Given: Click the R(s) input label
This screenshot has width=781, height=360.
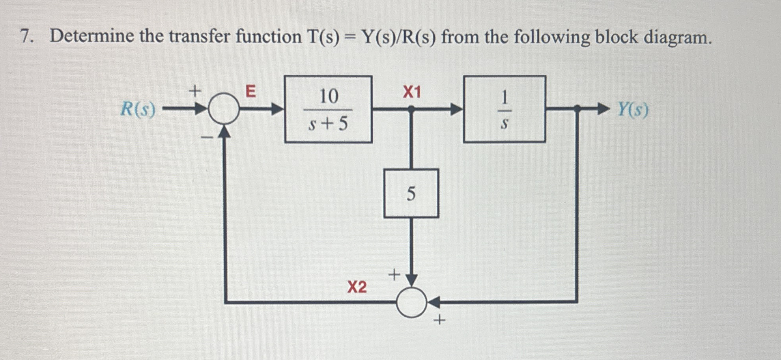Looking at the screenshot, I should tap(138, 109).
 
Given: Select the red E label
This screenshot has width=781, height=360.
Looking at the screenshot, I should tap(251, 91).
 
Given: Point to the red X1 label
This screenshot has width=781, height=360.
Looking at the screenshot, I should tap(412, 92).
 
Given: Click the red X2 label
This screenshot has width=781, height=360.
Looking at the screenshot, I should tap(357, 287).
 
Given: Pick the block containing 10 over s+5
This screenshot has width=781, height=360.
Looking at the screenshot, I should tap(328, 109).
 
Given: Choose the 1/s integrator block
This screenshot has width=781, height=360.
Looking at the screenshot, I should tap(504, 109).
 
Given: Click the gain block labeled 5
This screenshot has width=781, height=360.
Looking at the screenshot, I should tap(411, 194).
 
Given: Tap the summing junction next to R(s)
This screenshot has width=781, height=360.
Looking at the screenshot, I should tap(224, 109).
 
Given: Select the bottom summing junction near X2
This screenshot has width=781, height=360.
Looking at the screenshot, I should tap(411, 302).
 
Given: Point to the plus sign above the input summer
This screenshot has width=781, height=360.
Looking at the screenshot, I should tap(194, 91).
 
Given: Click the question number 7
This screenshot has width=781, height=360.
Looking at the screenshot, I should tap(26, 37).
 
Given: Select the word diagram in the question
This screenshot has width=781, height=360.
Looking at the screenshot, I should tap(677, 37).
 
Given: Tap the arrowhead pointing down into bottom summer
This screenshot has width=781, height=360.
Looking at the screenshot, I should tap(411, 280).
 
